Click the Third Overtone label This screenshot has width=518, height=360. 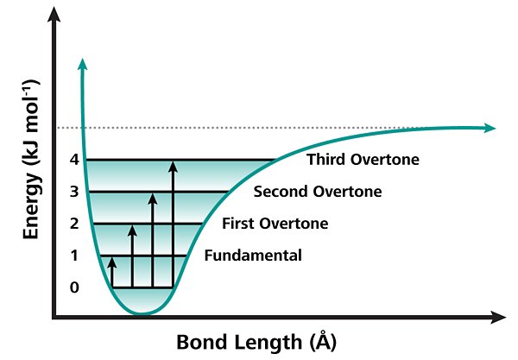tap(363, 160)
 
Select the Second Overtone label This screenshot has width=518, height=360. tap(318, 192)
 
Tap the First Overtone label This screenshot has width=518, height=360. tap(275, 224)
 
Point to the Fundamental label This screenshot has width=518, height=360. tap(253, 256)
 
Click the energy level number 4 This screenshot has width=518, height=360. tap(74, 160)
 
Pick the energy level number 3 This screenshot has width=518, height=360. tap(74, 192)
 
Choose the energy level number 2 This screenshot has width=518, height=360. tap(74, 224)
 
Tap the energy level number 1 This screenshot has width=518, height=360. tap(74, 256)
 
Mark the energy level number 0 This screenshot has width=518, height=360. tap(74, 287)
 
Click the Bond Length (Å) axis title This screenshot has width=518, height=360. tap(256, 342)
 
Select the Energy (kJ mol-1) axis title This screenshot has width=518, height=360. tap(31, 159)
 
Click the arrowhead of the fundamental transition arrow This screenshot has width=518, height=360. tap(112, 262)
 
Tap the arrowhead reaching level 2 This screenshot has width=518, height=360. tap(132, 231)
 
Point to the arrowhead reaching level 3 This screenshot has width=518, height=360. tap(152, 199)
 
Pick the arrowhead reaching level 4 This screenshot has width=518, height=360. tap(173, 167)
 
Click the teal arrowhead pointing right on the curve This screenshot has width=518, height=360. tap(490, 128)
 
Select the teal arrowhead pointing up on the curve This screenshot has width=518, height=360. tap(83, 64)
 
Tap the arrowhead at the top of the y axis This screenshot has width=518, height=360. tap(54, 14)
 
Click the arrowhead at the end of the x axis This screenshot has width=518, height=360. tap(498, 318)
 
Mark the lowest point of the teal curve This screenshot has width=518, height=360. tap(142, 313)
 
